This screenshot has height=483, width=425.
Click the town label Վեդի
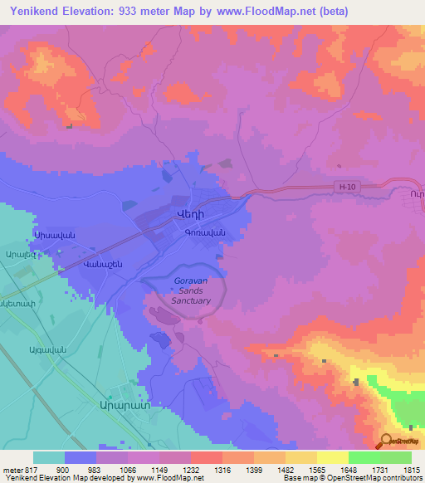point(185,212)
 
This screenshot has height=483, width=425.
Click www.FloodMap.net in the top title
point(266,11)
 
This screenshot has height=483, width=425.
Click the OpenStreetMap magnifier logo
point(386,441)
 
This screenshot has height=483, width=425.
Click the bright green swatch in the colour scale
point(364,457)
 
